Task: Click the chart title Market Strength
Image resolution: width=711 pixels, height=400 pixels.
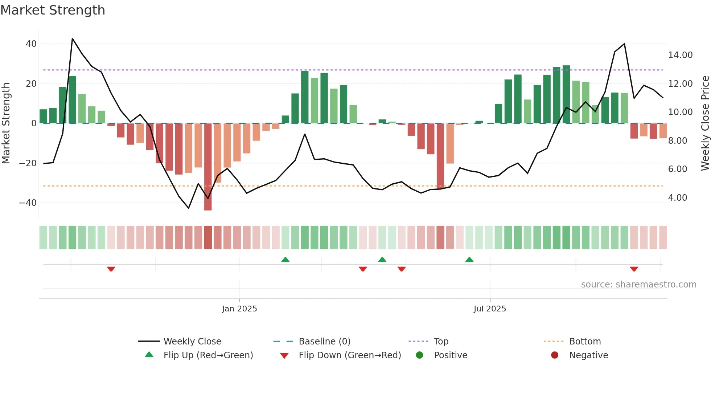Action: pyautogui.click(x=53, y=10)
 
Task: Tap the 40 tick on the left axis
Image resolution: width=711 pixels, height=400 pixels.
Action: pyautogui.click(x=31, y=44)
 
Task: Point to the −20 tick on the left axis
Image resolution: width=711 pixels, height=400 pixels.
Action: pyautogui.click(x=28, y=163)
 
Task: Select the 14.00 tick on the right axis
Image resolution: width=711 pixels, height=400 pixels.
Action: pyautogui.click(x=680, y=55)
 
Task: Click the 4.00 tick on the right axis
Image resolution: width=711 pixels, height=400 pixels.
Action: pyautogui.click(x=677, y=198)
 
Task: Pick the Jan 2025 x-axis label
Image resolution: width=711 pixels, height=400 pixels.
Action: pyautogui.click(x=239, y=309)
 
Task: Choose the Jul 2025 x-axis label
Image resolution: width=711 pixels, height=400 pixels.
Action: pyautogui.click(x=490, y=309)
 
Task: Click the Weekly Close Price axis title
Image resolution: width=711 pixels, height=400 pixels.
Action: pyautogui.click(x=705, y=123)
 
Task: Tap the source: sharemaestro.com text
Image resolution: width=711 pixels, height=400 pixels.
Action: pyautogui.click(x=638, y=285)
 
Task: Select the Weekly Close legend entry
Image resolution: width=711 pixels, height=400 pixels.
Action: pyautogui.click(x=192, y=342)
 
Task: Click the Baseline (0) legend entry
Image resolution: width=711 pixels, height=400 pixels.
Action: pyautogui.click(x=324, y=342)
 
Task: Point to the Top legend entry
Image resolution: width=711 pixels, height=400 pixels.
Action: pyautogui.click(x=441, y=342)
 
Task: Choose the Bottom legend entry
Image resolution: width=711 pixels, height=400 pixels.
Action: pyautogui.click(x=585, y=342)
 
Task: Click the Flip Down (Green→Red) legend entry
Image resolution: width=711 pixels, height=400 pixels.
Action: pyautogui.click(x=350, y=355)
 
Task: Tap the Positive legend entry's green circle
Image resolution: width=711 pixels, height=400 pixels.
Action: pyautogui.click(x=419, y=355)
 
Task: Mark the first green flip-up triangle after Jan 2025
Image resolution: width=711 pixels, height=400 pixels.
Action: pyautogui.click(x=285, y=260)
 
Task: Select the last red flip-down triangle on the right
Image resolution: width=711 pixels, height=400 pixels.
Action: pyautogui.click(x=634, y=269)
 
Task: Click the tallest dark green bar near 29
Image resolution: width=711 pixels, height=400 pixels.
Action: pyautogui.click(x=566, y=94)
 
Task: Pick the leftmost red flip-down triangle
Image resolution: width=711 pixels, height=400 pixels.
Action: pyautogui.click(x=111, y=269)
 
